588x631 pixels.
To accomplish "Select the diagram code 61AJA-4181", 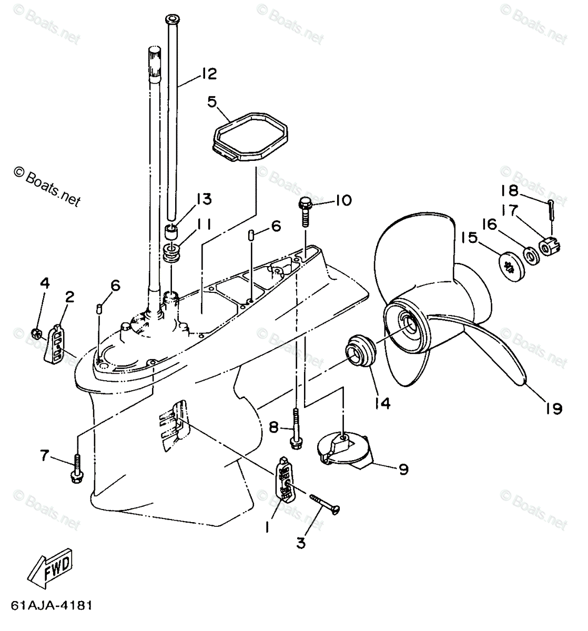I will click(50, 605).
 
